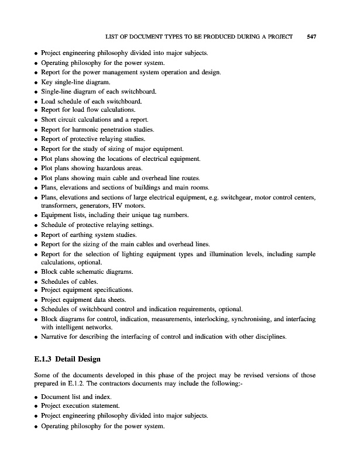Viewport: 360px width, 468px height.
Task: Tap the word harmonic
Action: point(91,129)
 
